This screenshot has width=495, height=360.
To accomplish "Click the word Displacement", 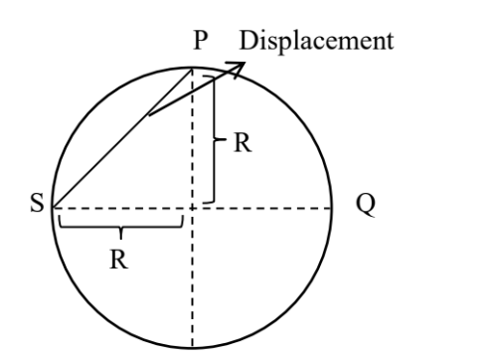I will (317, 43).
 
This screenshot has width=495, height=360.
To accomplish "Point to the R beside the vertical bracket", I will (242, 143).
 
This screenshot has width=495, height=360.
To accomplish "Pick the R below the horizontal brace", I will (121, 261).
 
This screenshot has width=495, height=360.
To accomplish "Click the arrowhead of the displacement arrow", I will (239, 66).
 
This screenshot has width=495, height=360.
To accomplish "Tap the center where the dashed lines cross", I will (192, 208).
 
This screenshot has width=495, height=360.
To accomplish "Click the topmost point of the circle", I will (192, 67).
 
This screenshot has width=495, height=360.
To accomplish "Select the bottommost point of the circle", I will (192, 349).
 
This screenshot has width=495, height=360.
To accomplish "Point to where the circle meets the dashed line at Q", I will (333, 208).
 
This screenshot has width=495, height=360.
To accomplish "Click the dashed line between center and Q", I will (263, 208).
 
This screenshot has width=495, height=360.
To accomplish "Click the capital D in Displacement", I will (247, 43).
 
